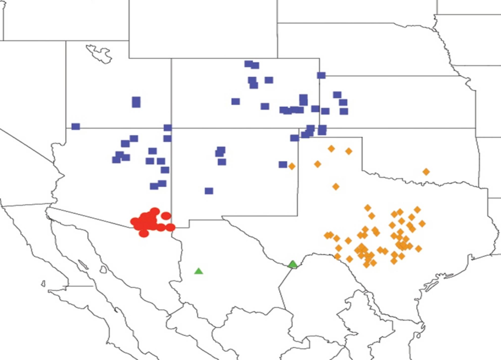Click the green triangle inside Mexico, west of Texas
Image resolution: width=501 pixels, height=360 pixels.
(198, 271)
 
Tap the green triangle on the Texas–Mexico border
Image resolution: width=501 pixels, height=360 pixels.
(293, 265)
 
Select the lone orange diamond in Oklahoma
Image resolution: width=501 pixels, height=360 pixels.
(426, 172)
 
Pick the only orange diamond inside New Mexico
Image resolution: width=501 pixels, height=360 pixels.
(292, 166)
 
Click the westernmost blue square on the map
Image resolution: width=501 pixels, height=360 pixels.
(75, 127)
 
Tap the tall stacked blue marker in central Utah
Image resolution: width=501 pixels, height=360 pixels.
(136, 102)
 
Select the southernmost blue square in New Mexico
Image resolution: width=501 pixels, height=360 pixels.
(209, 191)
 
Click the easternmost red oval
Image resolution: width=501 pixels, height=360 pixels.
(170, 227)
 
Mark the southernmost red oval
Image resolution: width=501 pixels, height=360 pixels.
(143, 233)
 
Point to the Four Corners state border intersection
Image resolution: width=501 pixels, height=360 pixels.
(171, 129)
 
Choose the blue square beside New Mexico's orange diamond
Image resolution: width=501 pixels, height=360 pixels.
(283, 164)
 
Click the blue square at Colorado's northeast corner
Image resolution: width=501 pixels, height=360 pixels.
(321, 75)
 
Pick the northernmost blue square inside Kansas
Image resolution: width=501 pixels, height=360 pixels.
(337, 95)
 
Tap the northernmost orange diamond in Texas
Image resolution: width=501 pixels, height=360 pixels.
(331, 148)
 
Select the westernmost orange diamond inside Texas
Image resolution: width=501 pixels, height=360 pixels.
(318, 164)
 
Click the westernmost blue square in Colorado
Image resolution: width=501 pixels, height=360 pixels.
(236, 101)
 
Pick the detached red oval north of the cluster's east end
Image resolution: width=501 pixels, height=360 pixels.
(166, 216)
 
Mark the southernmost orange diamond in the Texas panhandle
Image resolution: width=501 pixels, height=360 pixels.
(336, 186)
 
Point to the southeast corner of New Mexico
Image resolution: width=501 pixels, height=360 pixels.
(298, 215)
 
